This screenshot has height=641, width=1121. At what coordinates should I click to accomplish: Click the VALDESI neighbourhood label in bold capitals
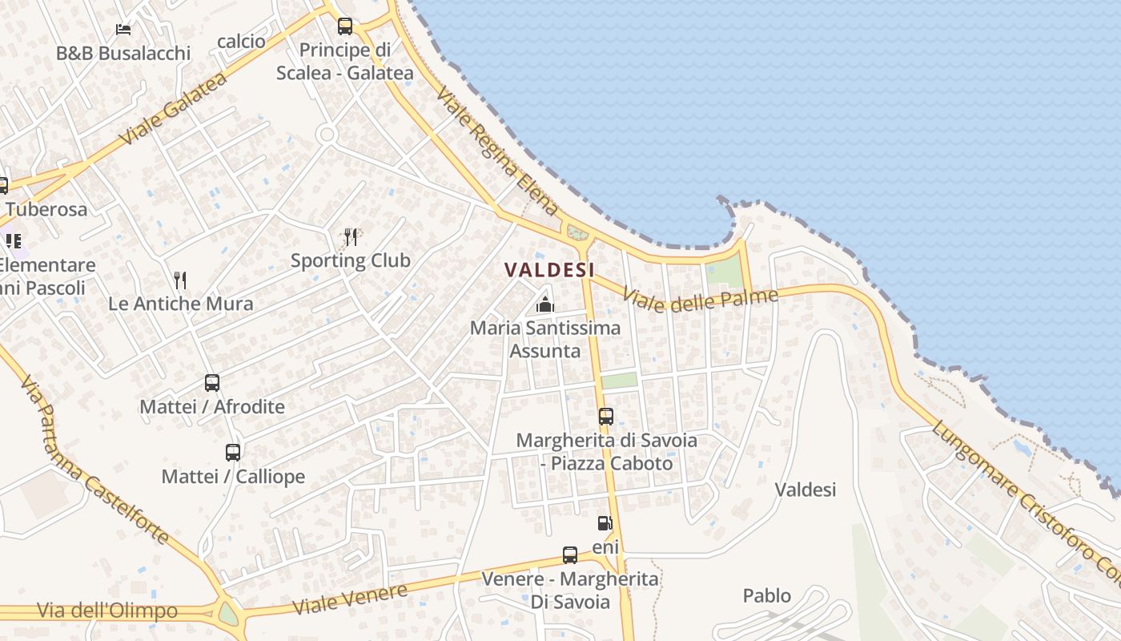pos(549,270)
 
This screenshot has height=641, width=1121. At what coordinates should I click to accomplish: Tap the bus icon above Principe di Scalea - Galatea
pos(345,26)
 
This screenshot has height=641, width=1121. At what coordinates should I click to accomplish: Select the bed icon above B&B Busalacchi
pos(123,30)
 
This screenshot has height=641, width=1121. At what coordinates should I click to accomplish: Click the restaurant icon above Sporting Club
pos(351,236)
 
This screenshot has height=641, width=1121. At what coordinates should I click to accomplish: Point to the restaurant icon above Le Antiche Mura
pos(180,280)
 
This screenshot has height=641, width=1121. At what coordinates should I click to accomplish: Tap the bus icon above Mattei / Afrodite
pos(212,383)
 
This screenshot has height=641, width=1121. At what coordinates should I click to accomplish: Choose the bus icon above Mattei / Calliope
pos(233,453)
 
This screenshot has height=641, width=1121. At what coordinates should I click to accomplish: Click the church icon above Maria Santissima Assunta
pos(544,304)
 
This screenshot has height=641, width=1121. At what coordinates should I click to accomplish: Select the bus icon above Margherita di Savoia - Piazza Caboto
pos(606,417)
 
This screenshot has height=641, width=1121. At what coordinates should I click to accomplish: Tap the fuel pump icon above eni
pos(605,524)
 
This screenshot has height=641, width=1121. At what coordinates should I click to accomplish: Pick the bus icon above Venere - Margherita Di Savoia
pos(570,555)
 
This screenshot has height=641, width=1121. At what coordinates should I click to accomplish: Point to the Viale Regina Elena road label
pos(496,152)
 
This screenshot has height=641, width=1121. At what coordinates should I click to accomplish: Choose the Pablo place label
pos(767,596)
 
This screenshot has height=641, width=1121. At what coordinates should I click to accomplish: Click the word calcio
pos(241,41)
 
